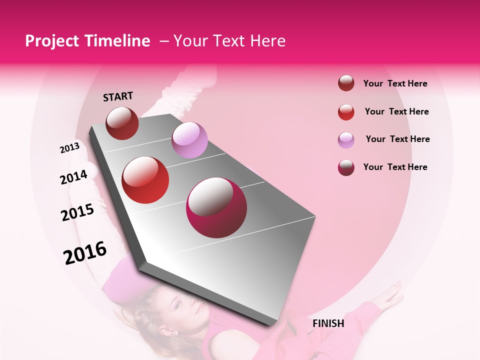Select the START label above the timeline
(x=118, y=96)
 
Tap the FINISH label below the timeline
(x=328, y=323)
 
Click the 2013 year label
(x=70, y=148)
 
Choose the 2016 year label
(x=85, y=253)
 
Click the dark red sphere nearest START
(x=122, y=123)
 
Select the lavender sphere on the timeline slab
(x=189, y=140)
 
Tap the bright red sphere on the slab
(x=145, y=180)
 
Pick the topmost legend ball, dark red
(x=346, y=83)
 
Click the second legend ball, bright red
(x=346, y=112)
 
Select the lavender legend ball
(x=346, y=139)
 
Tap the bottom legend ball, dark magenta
(x=346, y=167)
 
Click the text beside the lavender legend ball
(x=397, y=139)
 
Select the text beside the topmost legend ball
(x=395, y=83)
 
